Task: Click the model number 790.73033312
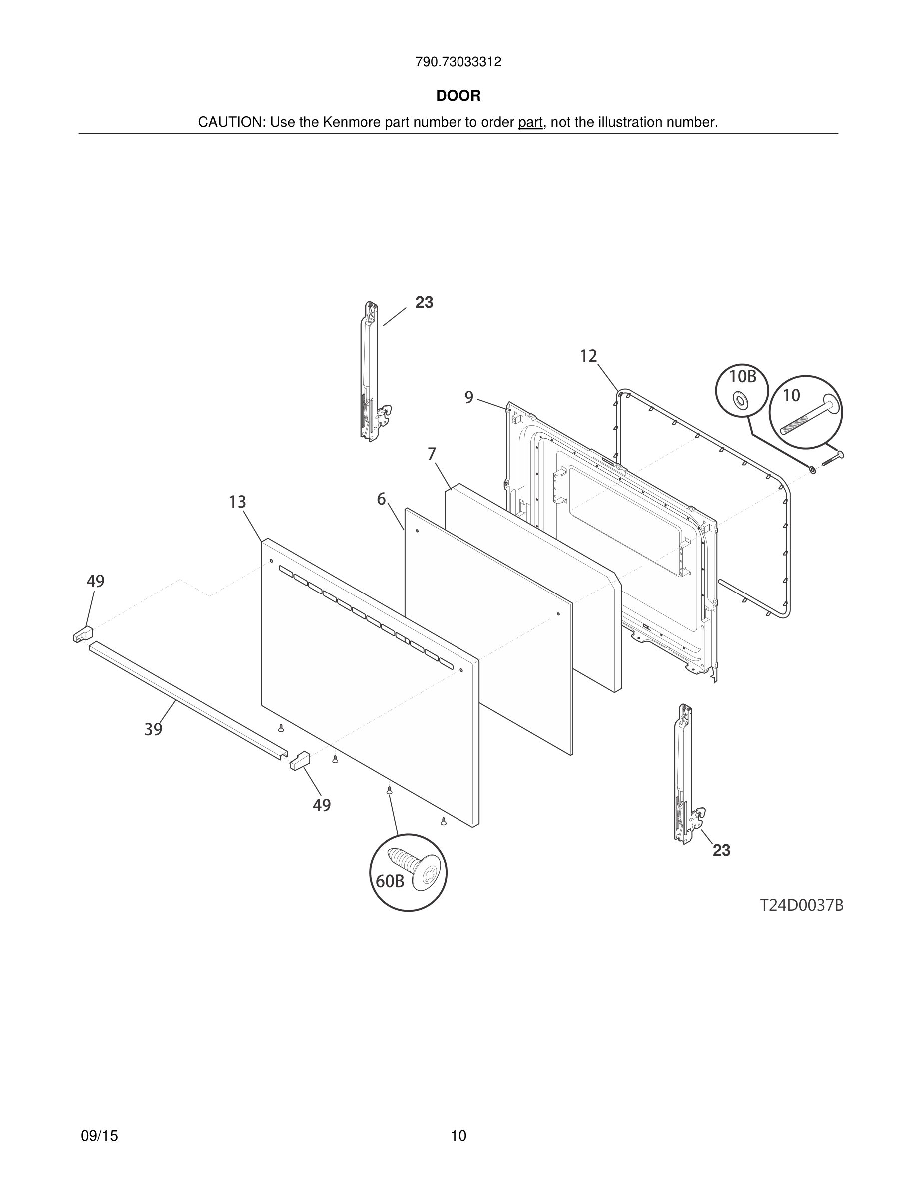[x=458, y=62]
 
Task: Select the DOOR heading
[x=458, y=96]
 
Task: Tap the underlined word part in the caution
[x=530, y=123]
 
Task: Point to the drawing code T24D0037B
[x=801, y=905]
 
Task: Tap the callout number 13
[x=237, y=502]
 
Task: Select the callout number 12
[x=588, y=356]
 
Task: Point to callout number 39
[x=154, y=729]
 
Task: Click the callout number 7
[x=432, y=454]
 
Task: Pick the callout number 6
[x=382, y=499]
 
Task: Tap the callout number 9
[x=469, y=397]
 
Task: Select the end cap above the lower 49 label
[x=300, y=760]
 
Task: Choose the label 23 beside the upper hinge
[x=424, y=303]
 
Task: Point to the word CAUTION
[x=230, y=123]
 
